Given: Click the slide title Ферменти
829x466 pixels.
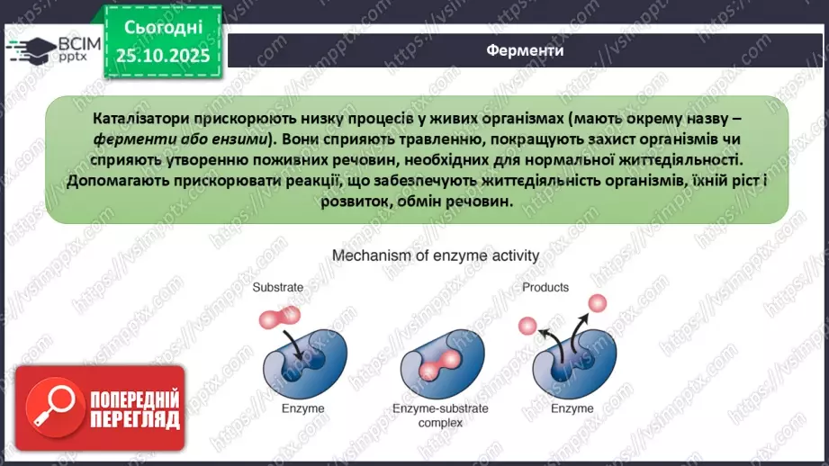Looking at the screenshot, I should (525, 50).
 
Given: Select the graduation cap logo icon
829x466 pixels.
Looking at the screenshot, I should (31, 50).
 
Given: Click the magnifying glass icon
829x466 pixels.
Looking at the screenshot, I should (50, 410).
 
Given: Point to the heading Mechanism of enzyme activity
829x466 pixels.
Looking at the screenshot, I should (436, 255).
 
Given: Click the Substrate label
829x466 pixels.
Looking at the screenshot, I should (277, 289).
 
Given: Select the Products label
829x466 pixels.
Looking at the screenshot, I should (545, 288).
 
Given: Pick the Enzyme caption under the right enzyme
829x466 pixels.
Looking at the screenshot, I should (572, 408).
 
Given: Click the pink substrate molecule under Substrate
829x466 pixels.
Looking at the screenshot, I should (276, 316).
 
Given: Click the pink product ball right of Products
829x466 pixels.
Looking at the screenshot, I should (595, 304).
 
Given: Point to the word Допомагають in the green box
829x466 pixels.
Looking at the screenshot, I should (117, 180).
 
